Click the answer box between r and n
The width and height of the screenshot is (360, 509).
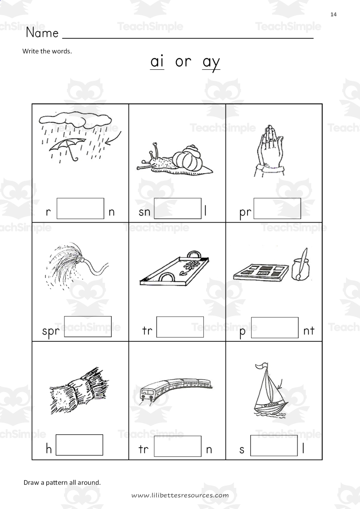point(81,208)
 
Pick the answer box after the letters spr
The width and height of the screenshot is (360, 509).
point(88,326)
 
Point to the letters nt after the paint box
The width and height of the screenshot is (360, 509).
point(309,331)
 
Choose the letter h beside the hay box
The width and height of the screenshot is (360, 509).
point(49,449)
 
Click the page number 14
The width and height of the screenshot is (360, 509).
point(333,14)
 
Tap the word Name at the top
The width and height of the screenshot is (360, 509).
point(42,33)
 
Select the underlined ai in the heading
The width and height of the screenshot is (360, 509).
point(157,62)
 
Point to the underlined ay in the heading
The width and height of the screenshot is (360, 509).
point(211,63)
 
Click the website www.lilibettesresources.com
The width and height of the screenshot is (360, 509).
point(180,495)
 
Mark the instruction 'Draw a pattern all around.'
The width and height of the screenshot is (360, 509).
point(62,482)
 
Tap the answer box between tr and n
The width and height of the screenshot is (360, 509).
point(178,446)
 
